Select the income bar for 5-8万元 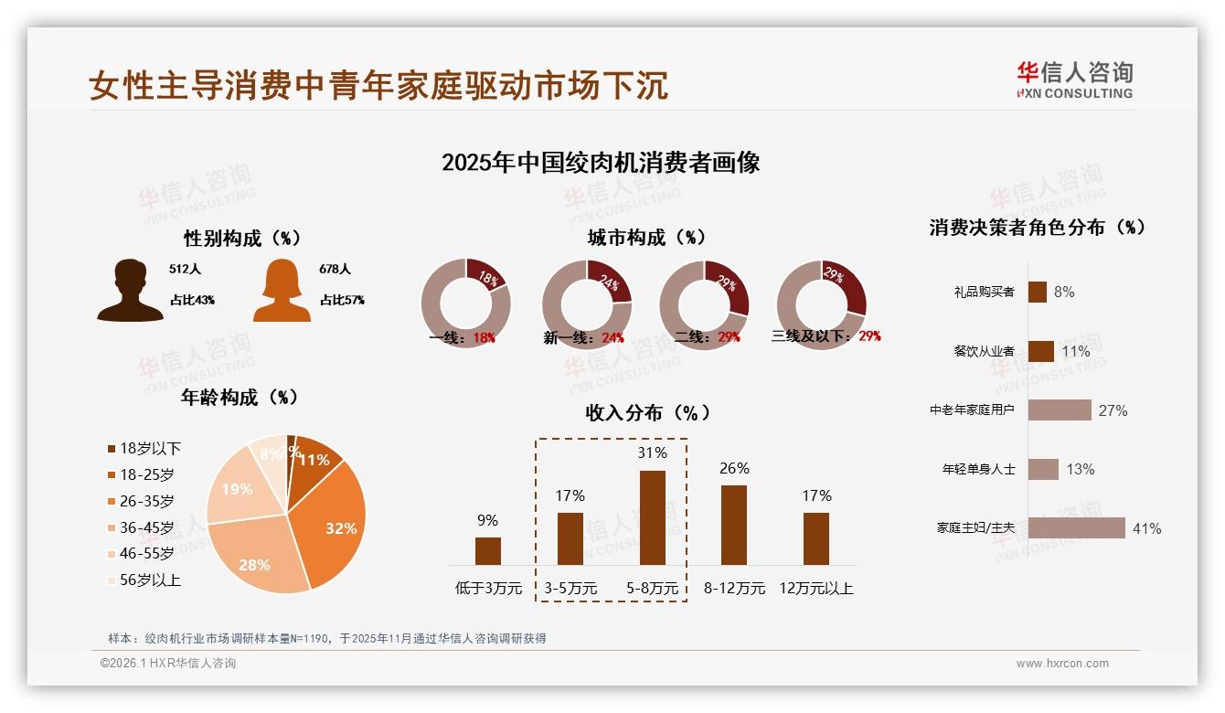tap(652, 517)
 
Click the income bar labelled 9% tap(488, 551)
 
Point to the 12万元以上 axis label tap(816, 589)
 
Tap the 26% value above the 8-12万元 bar tap(734, 468)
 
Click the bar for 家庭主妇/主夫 tap(1076, 528)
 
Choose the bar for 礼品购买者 tap(1037, 292)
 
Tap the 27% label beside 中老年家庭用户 tap(1113, 410)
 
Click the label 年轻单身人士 tap(978, 469)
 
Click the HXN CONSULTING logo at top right tap(1074, 80)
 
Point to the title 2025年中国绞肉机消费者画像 tap(601, 163)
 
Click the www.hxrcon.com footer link tap(1062, 664)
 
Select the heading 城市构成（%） tap(646, 238)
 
